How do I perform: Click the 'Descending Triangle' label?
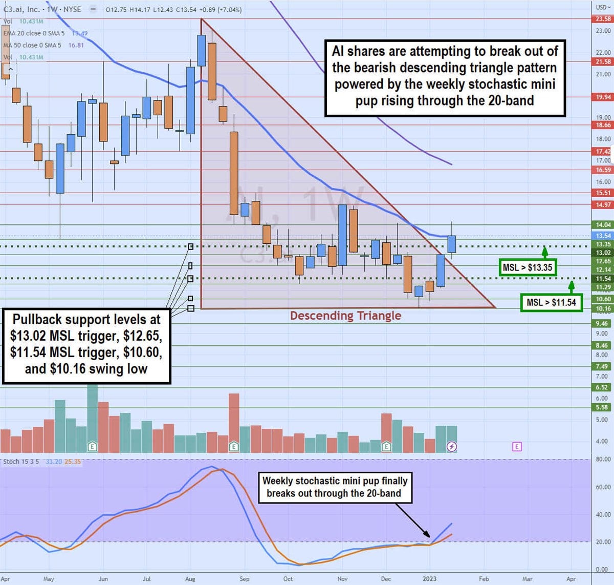pos(345,316)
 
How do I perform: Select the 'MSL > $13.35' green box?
pos(527,267)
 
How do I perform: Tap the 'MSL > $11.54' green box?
pos(551,302)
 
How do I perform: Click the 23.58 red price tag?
pos(603,19)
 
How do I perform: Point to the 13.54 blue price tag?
pos(603,236)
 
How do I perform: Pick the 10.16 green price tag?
pos(603,308)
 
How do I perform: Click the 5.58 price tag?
pos(602,407)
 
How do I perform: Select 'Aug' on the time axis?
pos(190,579)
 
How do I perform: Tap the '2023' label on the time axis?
pos(429,579)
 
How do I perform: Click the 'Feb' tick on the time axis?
pos(484,579)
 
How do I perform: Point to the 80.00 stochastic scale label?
pos(603,459)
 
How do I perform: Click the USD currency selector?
pos(603,7)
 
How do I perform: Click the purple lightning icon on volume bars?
pos(452,447)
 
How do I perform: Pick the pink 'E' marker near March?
pos(517,447)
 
